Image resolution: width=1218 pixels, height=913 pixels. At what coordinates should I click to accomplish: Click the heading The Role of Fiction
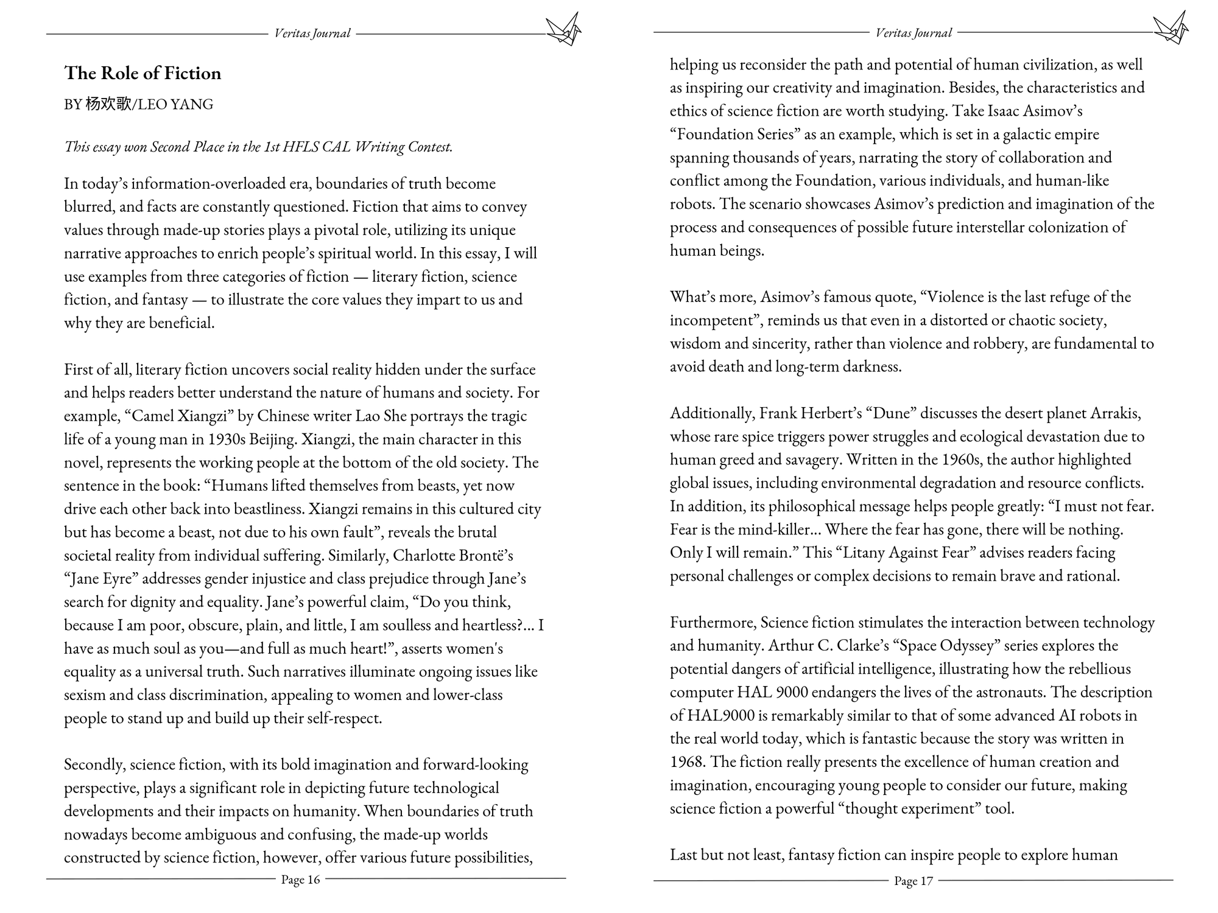tap(143, 73)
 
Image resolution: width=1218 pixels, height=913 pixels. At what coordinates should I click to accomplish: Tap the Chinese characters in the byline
tap(108, 104)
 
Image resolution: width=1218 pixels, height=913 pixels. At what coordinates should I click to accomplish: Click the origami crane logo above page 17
tap(1170, 28)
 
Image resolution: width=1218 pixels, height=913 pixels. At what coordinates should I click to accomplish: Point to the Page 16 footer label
tap(300, 880)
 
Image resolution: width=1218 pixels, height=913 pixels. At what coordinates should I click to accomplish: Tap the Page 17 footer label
tap(913, 881)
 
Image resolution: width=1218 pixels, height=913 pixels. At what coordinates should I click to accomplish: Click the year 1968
tap(688, 761)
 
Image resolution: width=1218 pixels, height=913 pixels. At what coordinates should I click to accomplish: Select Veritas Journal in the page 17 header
tap(913, 33)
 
